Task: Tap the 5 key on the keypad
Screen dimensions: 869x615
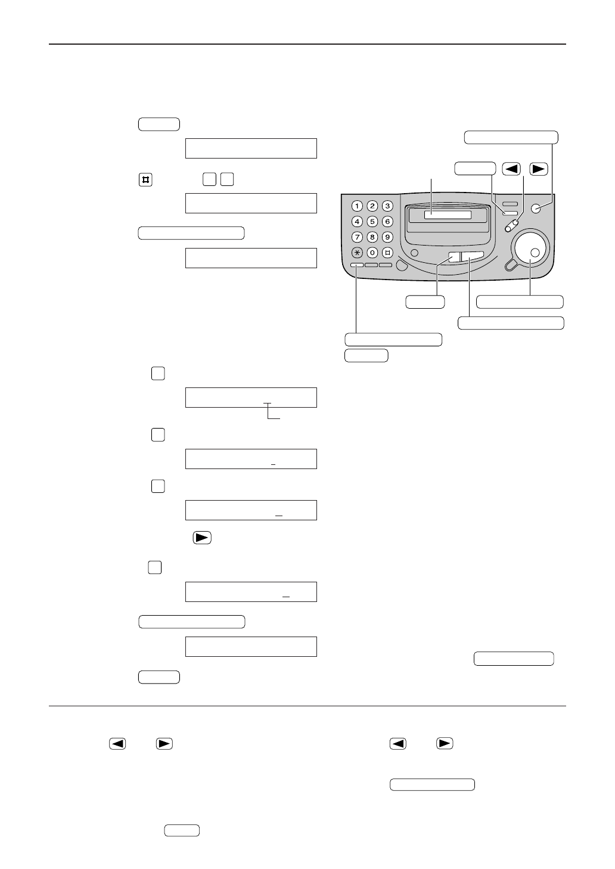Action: coord(372,222)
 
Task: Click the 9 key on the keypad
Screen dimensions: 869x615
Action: coord(387,237)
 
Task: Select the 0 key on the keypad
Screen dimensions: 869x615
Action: coord(372,253)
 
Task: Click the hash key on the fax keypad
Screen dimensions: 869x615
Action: coord(387,253)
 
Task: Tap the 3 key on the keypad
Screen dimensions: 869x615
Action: coord(387,206)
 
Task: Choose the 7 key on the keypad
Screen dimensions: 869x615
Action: coord(357,237)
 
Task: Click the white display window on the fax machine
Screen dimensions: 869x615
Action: coord(448,215)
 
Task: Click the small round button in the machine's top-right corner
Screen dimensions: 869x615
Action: coord(535,208)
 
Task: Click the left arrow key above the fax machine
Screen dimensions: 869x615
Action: coord(511,169)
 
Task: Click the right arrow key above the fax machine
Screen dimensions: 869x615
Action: coord(538,169)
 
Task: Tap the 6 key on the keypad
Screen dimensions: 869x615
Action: coord(387,222)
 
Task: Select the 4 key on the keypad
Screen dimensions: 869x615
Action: coord(357,222)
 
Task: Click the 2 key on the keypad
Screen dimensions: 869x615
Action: coord(372,206)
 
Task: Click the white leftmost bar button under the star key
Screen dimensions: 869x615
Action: coord(356,265)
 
